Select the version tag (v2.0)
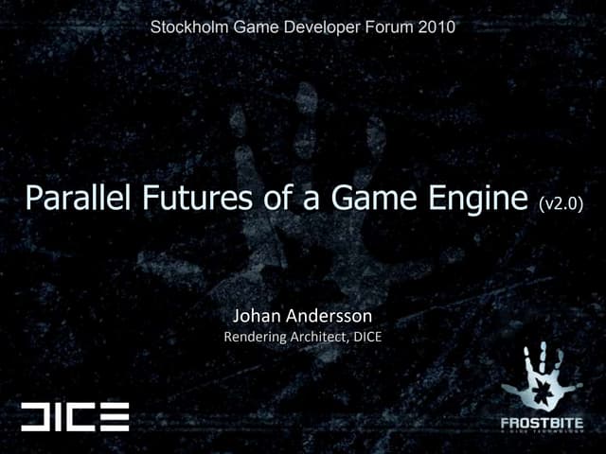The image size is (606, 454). [x=561, y=202]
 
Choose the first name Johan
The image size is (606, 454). [x=257, y=315]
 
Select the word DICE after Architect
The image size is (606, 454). [x=366, y=335]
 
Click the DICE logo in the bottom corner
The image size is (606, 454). [x=75, y=416]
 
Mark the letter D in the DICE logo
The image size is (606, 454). [x=38, y=416]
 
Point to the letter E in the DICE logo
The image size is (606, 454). [x=115, y=416]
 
